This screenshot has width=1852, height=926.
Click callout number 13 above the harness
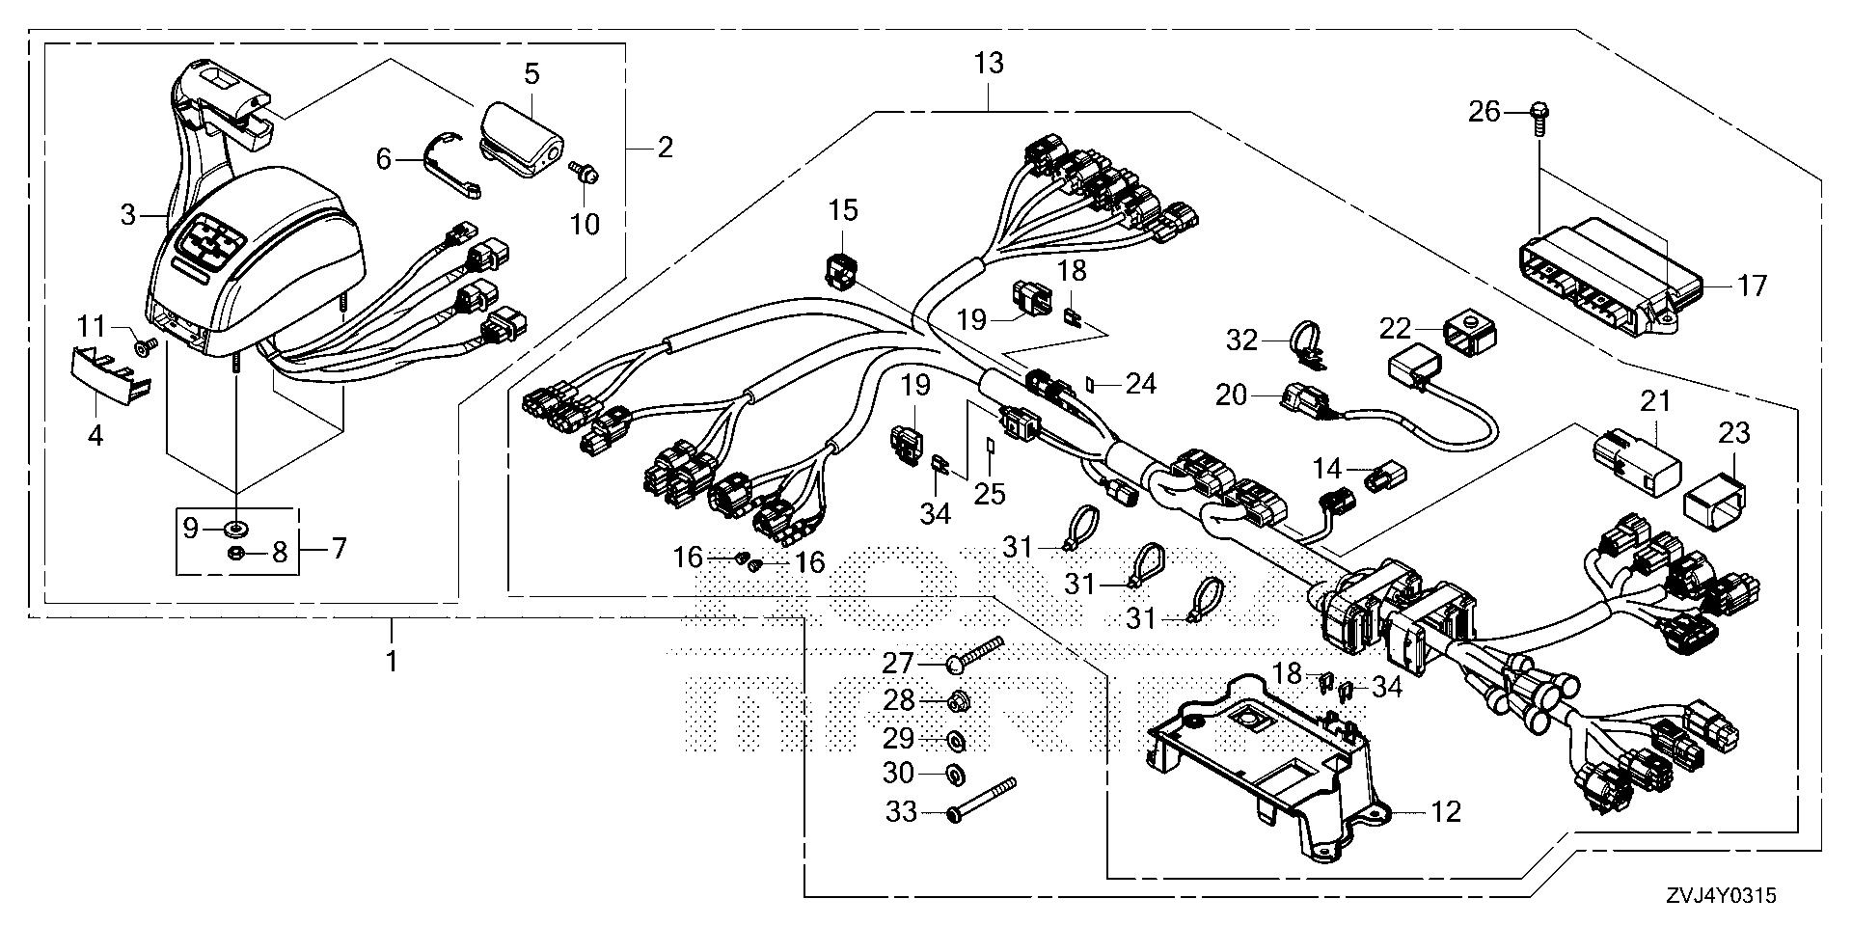click(989, 64)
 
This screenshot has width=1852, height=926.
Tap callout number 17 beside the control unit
click(1752, 286)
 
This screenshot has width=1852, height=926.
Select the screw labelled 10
click(585, 174)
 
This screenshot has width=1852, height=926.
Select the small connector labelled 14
click(1386, 475)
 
